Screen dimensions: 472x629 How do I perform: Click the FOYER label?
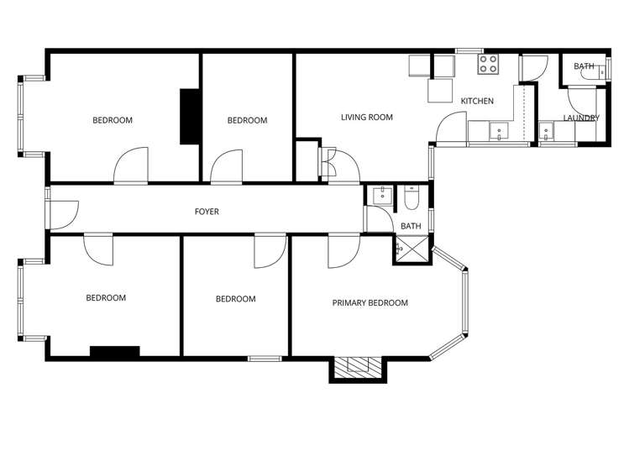tap(207, 212)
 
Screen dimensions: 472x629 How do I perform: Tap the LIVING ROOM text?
tap(366, 118)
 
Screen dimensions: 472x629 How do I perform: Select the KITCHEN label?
tap(477, 102)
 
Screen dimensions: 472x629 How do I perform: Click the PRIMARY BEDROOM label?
tap(370, 303)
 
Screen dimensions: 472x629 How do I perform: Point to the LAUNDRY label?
tap(581, 118)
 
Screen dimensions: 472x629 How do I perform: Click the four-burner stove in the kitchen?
tap(489, 65)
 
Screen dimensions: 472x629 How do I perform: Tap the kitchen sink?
tap(499, 130)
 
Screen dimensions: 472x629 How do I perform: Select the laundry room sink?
tap(547, 130)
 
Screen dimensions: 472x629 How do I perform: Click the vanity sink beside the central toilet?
tap(382, 196)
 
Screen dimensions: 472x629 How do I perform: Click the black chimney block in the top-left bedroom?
tap(190, 117)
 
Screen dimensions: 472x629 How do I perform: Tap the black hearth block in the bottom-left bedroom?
tap(114, 351)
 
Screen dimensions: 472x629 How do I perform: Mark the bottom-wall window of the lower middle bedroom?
tap(265, 359)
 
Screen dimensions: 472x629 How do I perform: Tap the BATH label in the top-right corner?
tap(584, 66)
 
